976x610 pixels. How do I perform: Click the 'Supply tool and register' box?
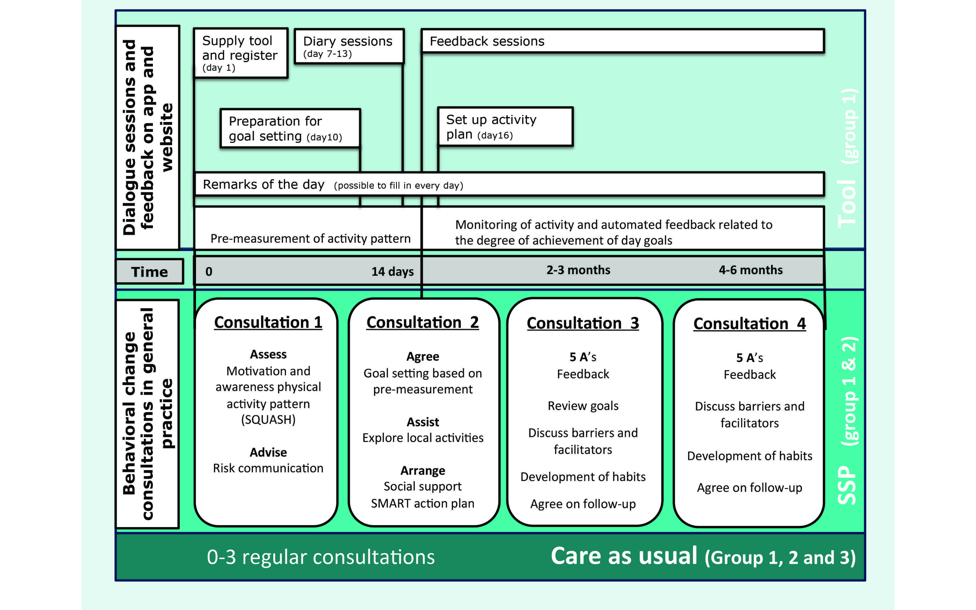(241, 53)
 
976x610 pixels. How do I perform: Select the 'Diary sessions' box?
(349, 46)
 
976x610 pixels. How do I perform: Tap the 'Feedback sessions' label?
(487, 41)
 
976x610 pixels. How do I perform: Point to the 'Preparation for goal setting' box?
(290, 128)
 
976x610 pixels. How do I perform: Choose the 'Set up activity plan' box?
(505, 126)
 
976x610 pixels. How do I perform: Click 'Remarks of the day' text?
(264, 184)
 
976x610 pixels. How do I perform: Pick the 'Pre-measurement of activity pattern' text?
(310, 238)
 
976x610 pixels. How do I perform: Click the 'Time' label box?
(149, 272)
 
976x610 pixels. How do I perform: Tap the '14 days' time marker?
(392, 271)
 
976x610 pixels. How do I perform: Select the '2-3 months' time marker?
(578, 270)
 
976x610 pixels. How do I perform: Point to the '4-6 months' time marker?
(751, 270)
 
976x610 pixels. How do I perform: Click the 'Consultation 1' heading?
(268, 322)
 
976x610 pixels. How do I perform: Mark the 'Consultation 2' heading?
(423, 322)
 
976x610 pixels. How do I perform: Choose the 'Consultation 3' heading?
(583, 323)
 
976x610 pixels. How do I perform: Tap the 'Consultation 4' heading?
(749, 324)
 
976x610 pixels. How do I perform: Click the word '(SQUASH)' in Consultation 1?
(268, 419)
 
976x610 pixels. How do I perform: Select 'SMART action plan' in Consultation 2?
(423, 503)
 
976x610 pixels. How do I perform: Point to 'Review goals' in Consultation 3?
(583, 406)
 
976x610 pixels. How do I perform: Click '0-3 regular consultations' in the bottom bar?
(320, 557)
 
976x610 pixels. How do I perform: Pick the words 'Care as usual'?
(624, 556)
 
